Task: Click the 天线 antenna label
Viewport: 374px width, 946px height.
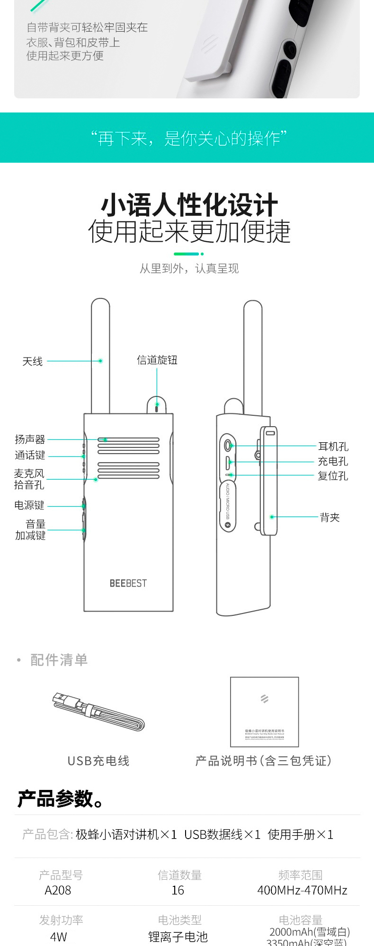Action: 32,361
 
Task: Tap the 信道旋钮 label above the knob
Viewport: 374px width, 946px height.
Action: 157,360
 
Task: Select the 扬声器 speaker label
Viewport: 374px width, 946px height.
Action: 30,439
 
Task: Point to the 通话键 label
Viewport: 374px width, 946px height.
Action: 30,455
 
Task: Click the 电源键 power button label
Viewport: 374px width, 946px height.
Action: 29,506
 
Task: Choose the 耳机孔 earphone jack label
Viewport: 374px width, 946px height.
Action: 333,447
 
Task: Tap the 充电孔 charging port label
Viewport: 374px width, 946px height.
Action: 333,461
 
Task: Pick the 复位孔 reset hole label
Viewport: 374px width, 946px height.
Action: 333,476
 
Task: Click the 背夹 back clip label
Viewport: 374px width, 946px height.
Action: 330,517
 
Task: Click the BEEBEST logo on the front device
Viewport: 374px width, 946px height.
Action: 128,583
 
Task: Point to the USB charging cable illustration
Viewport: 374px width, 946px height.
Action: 98,712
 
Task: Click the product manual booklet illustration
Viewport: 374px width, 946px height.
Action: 264,712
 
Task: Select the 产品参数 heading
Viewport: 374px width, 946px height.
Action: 60,798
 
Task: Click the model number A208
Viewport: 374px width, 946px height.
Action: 58,890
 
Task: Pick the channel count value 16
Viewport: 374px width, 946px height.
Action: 178,890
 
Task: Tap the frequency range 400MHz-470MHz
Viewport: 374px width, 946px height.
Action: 302,890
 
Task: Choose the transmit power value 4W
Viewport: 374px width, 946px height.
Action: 59,937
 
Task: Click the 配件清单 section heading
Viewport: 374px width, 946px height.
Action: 59,660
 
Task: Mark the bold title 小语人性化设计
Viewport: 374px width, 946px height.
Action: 189,205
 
